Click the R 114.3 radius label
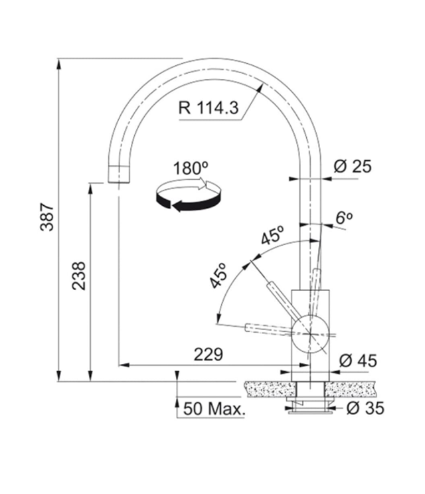(209, 108)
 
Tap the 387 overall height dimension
(47, 217)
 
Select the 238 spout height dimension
(79, 276)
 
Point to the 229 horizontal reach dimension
(209, 355)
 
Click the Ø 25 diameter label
(353, 166)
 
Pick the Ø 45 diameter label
(358, 361)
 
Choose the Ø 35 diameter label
(365, 408)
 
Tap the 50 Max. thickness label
(214, 409)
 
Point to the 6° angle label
(344, 218)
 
